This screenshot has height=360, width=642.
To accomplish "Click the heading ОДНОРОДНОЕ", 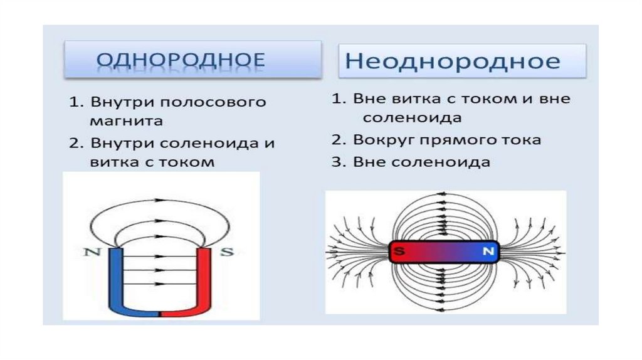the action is pos(181,61).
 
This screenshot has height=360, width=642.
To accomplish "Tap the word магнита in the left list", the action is pos(125,120).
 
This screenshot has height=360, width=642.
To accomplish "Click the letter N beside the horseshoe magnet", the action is pos(88,253).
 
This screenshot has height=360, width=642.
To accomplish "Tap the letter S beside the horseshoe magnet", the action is pos(228,253).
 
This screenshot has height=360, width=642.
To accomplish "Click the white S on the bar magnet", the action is pos(398,252).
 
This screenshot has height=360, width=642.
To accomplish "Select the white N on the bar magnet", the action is pos(488,252).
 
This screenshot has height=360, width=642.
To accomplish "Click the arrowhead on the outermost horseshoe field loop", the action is pos(157,201).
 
